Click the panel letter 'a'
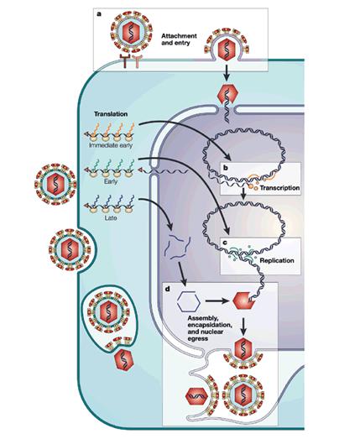pyautogui.click(x=98, y=14)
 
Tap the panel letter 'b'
pyautogui.click(x=226, y=168)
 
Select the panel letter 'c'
pyautogui.click(x=225, y=243)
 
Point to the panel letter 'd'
pyautogui.click(x=168, y=289)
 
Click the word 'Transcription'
pyautogui.click(x=279, y=188)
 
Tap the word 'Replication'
pyautogui.click(x=277, y=260)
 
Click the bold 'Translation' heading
pyautogui.click(x=111, y=114)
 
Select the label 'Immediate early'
pyautogui.click(x=111, y=145)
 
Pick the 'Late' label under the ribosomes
pyautogui.click(x=111, y=218)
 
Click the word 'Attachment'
pyautogui.click(x=179, y=36)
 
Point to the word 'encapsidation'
pyautogui.click(x=210, y=325)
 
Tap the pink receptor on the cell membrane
pyautogui.click(x=138, y=61)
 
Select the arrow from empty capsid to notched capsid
pyautogui.click(x=217, y=300)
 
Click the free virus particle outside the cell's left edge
pyautogui.click(x=55, y=184)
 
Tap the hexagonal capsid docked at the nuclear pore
pyautogui.click(x=227, y=95)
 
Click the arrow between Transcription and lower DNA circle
pyautogui.click(x=243, y=194)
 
